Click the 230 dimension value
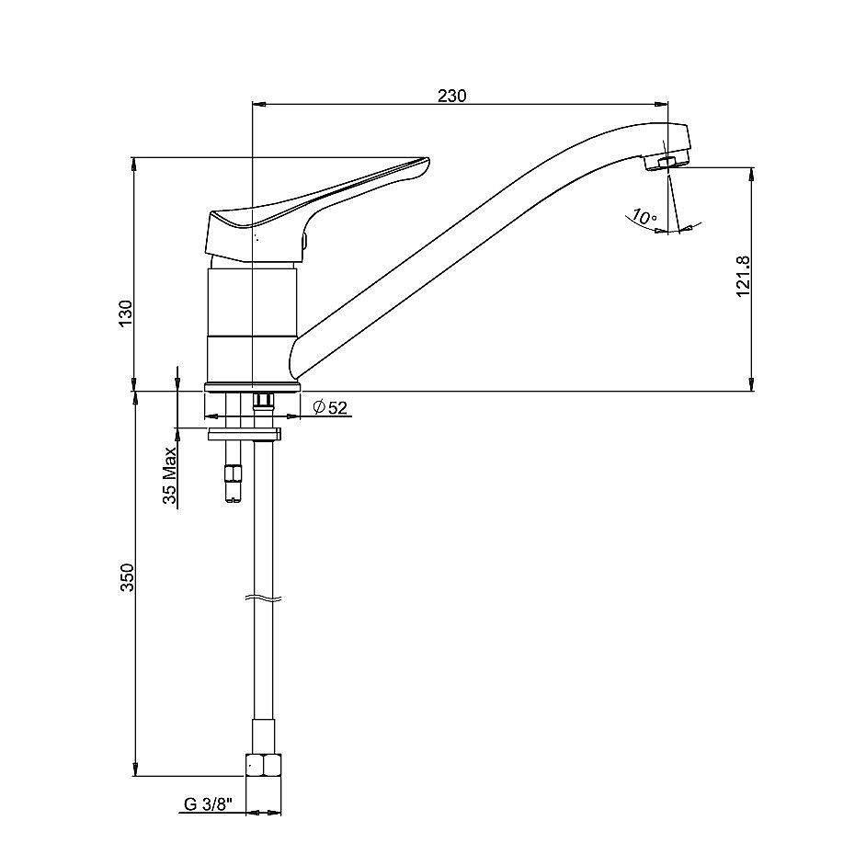click(x=451, y=96)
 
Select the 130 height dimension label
click(x=126, y=313)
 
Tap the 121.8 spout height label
click(x=744, y=276)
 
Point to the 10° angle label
click(x=644, y=216)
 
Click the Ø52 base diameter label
click(x=330, y=407)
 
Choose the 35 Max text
click(x=169, y=475)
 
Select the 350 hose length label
click(x=128, y=577)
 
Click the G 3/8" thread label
click(x=208, y=804)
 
